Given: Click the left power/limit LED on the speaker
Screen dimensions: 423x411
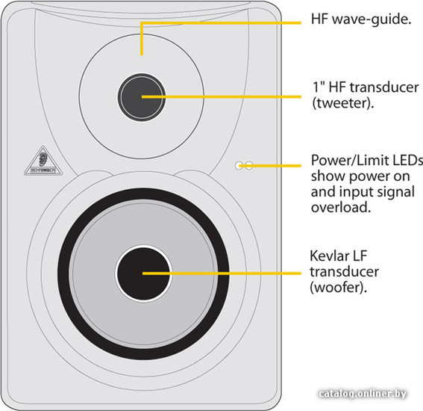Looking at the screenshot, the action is pos(239,166).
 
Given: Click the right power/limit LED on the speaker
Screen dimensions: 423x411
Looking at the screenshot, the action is pos(249,166).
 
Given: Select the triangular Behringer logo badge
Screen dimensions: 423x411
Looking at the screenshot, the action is pos(43,161).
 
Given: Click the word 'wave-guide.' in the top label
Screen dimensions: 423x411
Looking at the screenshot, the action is pos(372,19).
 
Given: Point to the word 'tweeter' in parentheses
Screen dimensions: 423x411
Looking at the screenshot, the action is pos(343,103).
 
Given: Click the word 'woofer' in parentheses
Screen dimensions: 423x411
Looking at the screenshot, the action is pos(338,287).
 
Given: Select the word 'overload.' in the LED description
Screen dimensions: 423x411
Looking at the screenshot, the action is pos(341,207).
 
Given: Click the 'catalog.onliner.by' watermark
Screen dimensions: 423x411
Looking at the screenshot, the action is pos(363,393).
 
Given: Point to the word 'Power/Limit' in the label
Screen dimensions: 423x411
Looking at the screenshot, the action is pos(347,161).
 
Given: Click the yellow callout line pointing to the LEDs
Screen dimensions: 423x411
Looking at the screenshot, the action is pos(270,166).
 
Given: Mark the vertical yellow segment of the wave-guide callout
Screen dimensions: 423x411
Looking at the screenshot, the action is pos(142,39).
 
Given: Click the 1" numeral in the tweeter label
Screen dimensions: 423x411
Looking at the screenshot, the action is pos(318,87).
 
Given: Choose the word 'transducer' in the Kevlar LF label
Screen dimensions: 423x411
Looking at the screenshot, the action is pos(344,271).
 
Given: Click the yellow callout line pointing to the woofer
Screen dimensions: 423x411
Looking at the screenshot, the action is pos(222,274).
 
